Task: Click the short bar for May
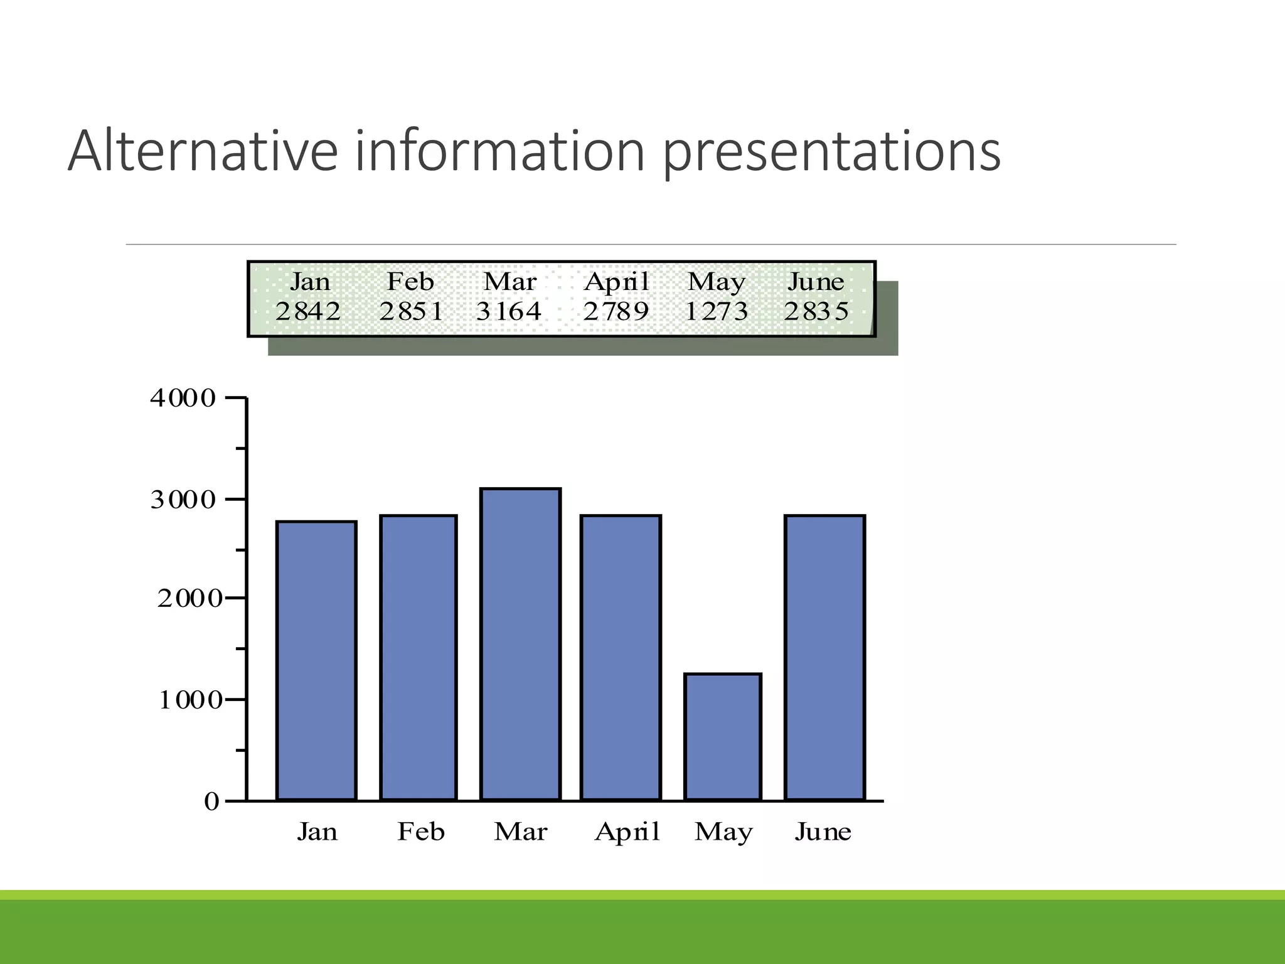point(723,737)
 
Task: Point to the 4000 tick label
point(183,399)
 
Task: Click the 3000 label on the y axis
point(183,500)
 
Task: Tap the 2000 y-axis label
point(189,599)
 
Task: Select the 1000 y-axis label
point(190,700)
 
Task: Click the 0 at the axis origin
point(211,801)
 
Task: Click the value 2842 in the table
point(307,311)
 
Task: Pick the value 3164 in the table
point(508,311)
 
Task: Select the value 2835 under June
point(816,311)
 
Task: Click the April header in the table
point(616,282)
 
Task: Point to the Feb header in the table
point(410,281)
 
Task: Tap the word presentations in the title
point(831,152)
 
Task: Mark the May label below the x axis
point(723,832)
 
